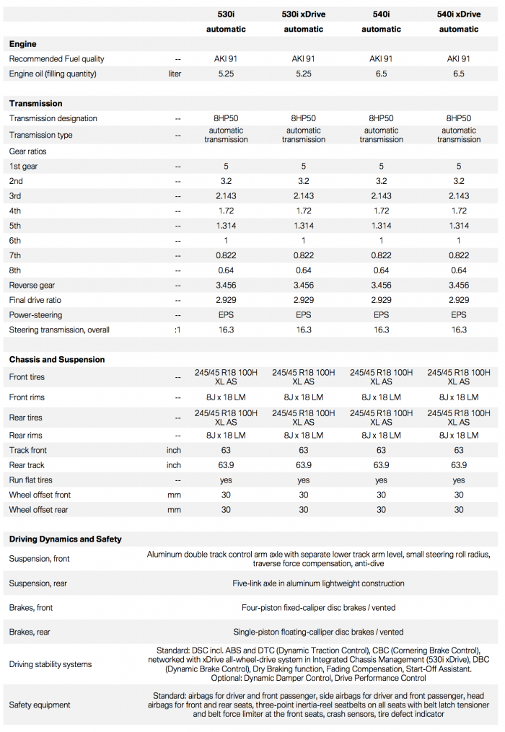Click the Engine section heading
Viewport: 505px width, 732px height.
(22, 44)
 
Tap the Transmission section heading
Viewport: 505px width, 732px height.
(35, 103)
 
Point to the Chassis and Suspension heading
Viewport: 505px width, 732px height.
(57, 359)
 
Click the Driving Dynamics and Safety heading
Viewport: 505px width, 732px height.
(65, 539)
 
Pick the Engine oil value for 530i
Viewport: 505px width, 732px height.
(226, 74)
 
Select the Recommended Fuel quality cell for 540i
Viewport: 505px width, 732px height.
(381, 58)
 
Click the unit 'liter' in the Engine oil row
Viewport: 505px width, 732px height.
(174, 74)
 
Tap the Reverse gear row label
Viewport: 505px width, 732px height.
(32, 286)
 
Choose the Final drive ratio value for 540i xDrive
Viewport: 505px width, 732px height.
(458, 300)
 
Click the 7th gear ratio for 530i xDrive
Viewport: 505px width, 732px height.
(303, 256)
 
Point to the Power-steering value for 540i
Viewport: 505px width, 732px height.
(381, 314)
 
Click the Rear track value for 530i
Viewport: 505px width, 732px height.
(226, 465)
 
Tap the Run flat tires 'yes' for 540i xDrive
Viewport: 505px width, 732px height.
(458, 480)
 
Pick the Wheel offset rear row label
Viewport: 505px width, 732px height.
(39, 510)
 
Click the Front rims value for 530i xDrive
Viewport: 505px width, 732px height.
(303, 397)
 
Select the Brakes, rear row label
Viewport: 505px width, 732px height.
(30, 632)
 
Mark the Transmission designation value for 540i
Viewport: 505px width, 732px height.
(381, 118)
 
